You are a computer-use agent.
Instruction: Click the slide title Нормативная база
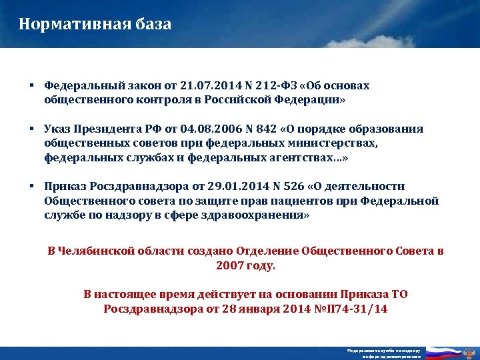click(x=95, y=25)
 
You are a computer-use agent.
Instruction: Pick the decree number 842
click(x=245, y=129)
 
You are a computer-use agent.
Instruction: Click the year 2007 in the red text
click(x=229, y=265)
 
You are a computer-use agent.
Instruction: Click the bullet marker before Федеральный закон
click(x=31, y=86)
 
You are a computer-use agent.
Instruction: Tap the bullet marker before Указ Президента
click(x=31, y=129)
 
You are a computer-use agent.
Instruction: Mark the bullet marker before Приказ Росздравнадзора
click(x=31, y=187)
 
